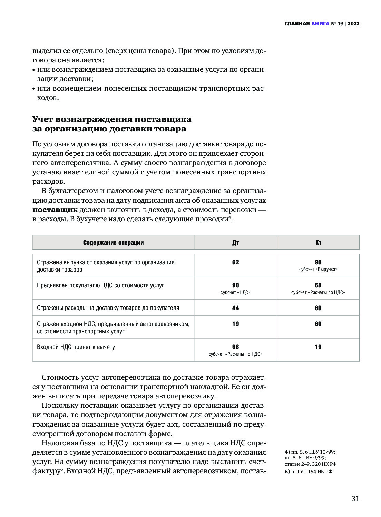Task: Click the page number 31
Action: click(355, 498)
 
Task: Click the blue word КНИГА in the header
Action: click(320, 24)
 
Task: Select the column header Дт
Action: click(235, 243)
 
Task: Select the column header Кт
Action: click(318, 243)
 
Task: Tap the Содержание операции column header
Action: click(113, 243)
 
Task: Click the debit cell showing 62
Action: click(235, 262)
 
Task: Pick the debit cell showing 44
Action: click(235, 308)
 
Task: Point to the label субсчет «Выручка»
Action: click(318, 270)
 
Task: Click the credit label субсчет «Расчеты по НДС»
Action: click(318, 293)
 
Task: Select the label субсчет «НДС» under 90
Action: click(235, 293)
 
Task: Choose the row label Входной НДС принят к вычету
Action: click(76, 347)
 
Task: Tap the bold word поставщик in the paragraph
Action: click(55, 210)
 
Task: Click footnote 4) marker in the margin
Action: click(287, 452)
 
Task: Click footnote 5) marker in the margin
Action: click(287, 472)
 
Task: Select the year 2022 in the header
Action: click(353, 24)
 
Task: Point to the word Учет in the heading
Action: click(42, 119)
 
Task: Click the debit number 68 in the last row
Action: click(235, 347)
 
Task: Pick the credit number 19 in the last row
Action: click(318, 347)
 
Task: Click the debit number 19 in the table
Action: click(235, 324)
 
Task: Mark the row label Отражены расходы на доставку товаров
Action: click(108, 308)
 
